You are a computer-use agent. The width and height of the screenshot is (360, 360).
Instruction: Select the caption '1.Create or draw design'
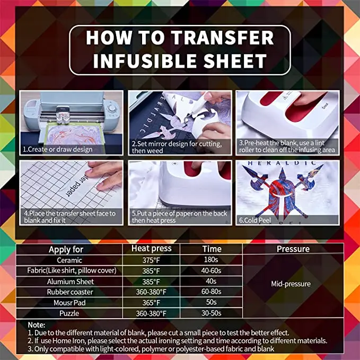point(57,149)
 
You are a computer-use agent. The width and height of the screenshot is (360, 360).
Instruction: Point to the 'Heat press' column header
point(151,248)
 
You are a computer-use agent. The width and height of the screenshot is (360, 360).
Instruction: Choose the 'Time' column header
point(211,248)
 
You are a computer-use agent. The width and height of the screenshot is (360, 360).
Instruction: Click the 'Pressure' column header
point(293,248)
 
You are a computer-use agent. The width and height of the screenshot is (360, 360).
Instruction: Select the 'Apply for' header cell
point(66,249)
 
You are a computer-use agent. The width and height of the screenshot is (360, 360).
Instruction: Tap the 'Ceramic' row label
point(69,260)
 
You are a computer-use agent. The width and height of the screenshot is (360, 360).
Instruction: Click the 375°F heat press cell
point(151,260)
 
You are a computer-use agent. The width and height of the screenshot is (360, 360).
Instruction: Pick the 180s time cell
point(211,260)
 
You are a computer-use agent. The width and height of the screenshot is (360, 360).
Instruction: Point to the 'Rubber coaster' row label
point(69,292)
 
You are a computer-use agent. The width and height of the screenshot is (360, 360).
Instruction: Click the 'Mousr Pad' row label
point(69,302)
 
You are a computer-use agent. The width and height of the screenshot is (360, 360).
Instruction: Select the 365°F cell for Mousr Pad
point(151,302)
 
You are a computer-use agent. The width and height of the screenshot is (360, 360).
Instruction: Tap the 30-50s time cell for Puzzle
point(211,313)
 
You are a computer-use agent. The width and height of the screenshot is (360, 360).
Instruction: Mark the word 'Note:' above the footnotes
point(36,324)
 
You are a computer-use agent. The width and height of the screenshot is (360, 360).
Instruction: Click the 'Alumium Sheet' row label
point(69,282)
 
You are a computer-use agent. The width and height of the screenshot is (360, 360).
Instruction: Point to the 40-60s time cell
point(211,271)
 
